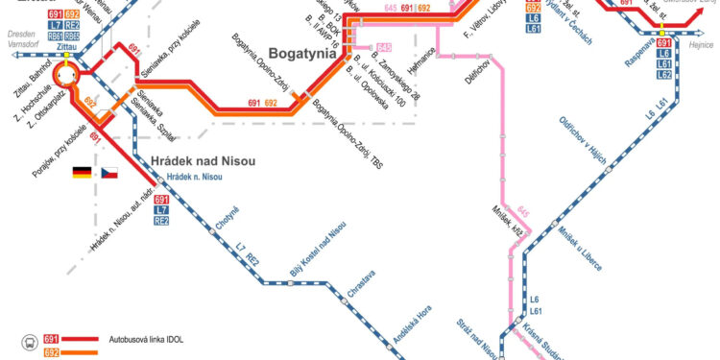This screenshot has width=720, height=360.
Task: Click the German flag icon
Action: [82, 174]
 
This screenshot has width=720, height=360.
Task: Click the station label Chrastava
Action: [362, 286]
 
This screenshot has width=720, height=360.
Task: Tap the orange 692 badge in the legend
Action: [52, 354]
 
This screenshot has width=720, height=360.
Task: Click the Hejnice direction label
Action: [701, 45]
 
